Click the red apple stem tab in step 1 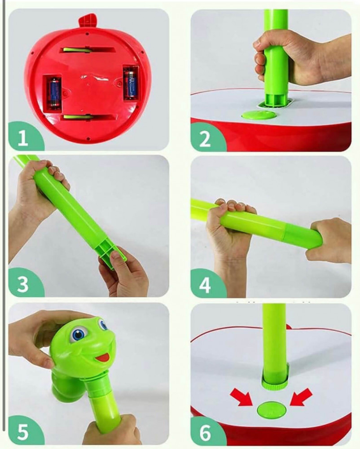pos(87,21)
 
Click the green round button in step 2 pos(259,115)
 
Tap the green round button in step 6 pos(272,409)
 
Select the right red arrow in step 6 pos(301,396)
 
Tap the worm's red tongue pos(103,357)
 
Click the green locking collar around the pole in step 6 pos(275,381)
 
